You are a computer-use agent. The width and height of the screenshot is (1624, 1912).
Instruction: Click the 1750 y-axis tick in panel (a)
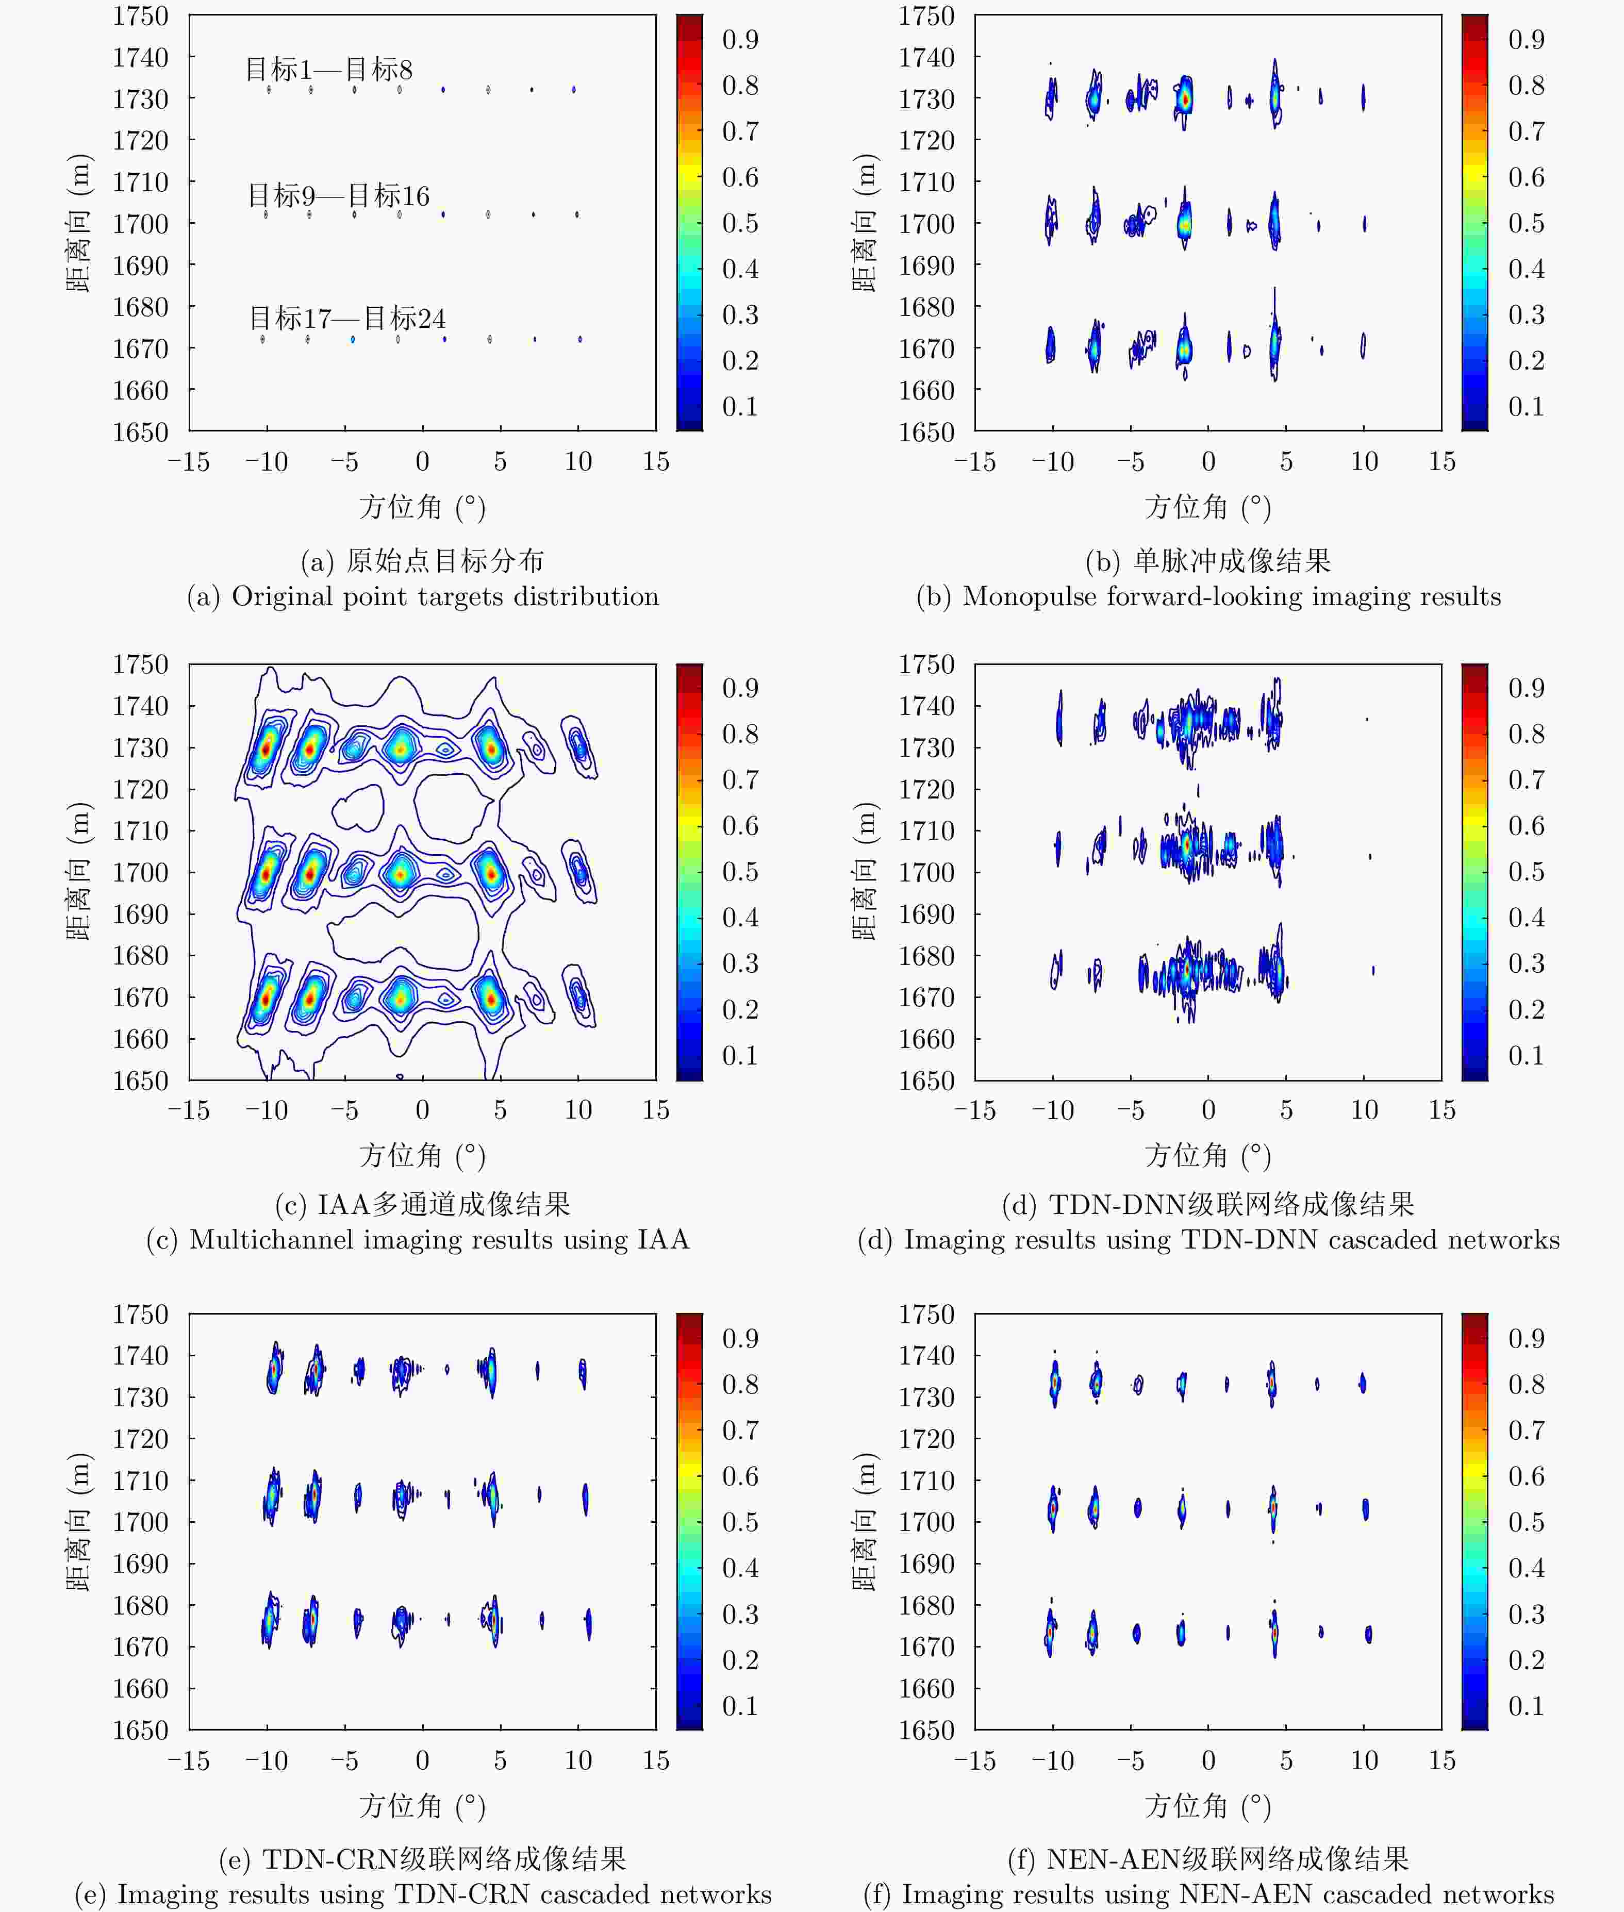[140, 16]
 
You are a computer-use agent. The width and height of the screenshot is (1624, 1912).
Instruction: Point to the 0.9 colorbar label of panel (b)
[1526, 40]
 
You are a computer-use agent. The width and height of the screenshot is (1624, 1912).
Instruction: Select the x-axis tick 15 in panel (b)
[1441, 461]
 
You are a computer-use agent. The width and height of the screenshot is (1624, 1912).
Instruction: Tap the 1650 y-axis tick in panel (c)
[140, 1080]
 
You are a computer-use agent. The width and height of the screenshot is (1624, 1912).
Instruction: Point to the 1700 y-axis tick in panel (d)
[926, 872]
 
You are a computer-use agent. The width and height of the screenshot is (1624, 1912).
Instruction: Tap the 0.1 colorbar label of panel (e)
[740, 1706]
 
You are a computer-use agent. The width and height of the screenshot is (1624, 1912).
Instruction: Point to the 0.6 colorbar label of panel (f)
[1526, 1476]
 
